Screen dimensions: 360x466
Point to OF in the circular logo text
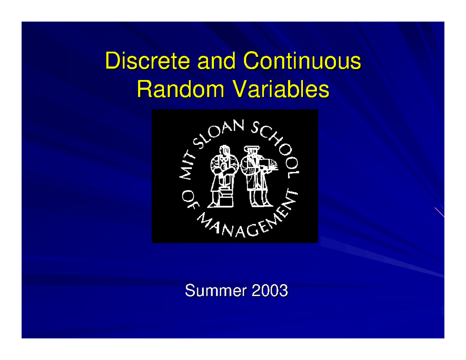188,202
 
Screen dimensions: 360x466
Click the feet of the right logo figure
258,204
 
